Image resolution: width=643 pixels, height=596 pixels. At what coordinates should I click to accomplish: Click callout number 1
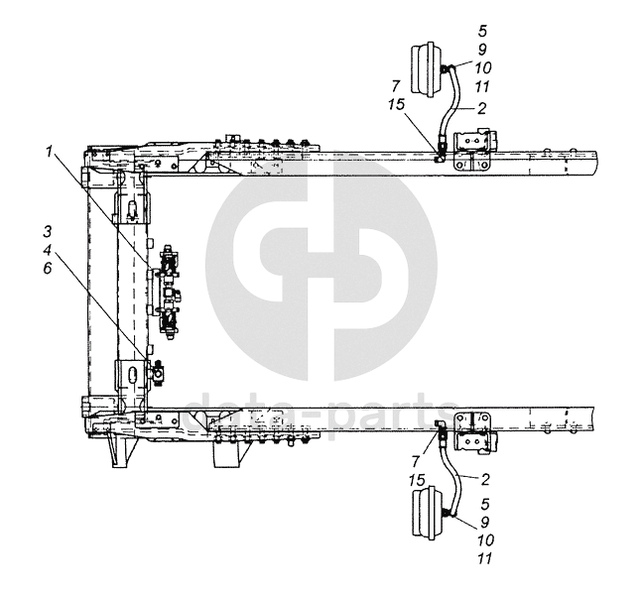pos(50,153)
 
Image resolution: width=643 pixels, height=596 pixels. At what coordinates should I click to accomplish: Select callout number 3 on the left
pos(48,232)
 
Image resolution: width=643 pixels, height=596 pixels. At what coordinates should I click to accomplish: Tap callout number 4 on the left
pos(48,250)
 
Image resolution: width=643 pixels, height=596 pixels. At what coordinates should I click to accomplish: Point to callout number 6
pos(48,269)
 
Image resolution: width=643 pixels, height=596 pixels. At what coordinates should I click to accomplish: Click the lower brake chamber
pos(428,512)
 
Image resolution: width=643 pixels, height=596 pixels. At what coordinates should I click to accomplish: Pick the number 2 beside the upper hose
pos(482,108)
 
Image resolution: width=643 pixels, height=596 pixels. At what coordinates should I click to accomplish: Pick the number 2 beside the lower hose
pos(485,479)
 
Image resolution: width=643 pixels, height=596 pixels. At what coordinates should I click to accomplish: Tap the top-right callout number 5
pos(482,31)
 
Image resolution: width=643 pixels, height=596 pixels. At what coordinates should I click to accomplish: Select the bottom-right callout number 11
pos(484,558)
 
